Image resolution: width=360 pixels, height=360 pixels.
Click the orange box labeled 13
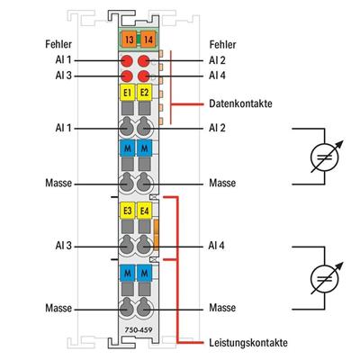(x=128, y=40)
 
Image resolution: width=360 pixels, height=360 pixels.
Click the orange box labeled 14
(x=144, y=40)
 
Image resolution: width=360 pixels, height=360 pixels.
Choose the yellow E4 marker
(x=144, y=211)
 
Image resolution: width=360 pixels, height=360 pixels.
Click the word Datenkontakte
(x=241, y=103)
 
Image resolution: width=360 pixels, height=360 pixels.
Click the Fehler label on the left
(x=46, y=43)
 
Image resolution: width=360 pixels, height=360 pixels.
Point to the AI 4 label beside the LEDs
(x=217, y=76)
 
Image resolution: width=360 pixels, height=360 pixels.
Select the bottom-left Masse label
(x=58, y=308)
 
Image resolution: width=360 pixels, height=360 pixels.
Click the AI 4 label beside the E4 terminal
(x=217, y=245)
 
